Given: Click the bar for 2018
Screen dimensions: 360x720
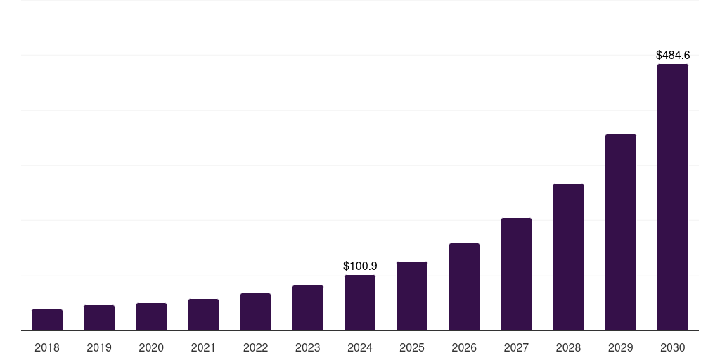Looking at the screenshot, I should [47, 320].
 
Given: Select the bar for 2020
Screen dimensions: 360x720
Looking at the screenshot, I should [151, 317].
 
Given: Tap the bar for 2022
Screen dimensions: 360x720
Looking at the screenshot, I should [255, 312].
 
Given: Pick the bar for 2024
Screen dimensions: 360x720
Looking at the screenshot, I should [360, 303].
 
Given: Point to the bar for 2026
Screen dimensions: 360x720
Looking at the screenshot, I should [464, 287].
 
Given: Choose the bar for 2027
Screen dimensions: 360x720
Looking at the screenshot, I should [516, 274].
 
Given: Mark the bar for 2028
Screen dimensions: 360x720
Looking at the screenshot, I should [568, 257].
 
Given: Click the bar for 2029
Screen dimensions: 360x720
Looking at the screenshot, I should [620, 233].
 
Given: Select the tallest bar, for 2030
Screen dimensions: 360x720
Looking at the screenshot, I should [673, 198].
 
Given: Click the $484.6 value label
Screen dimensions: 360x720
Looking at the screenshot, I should [673, 55].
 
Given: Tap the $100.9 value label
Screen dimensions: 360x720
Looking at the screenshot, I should [360, 266].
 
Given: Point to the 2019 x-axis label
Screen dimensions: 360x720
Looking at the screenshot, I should [99, 347].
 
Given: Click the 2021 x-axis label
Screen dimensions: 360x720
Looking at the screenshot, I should [203, 347].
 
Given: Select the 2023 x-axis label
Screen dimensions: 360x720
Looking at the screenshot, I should [308, 347].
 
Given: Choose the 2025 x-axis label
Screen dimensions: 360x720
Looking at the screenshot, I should [412, 347].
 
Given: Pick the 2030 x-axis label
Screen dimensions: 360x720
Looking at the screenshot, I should [673, 347].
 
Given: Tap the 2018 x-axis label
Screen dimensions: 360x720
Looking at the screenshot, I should [47, 347].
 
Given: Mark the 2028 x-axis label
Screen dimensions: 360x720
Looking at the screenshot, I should [568, 347].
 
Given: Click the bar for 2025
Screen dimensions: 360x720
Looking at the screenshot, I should [412, 296].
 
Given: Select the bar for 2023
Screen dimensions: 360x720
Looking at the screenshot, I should [308, 308].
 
